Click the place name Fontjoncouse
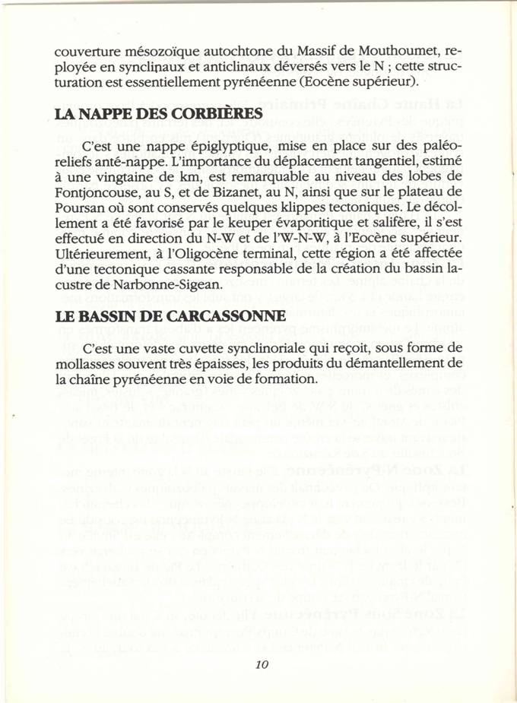(x=96, y=195)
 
